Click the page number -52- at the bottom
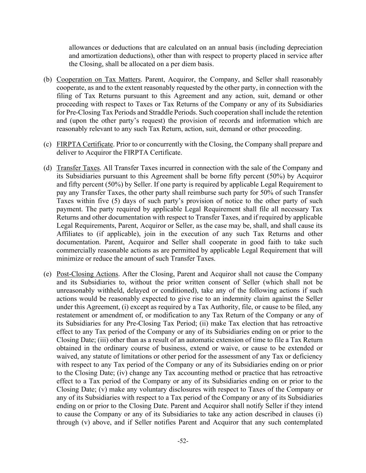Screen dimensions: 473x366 pyautogui.click(x=183, y=441)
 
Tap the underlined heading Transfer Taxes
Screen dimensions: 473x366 pyautogui.click(x=78, y=168)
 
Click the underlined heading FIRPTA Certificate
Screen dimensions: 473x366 pyautogui.click(x=85, y=144)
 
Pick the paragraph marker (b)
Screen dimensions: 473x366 pyautogui.click(x=48, y=80)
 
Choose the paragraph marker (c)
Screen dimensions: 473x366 pyautogui.click(x=48, y=144)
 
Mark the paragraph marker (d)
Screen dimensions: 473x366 pyautogui.click(x=48, y=168)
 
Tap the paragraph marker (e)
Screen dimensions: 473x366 pyautogui.click(x=48, y=274)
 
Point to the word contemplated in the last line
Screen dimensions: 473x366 pyautogui.click(x=303, y=422)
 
